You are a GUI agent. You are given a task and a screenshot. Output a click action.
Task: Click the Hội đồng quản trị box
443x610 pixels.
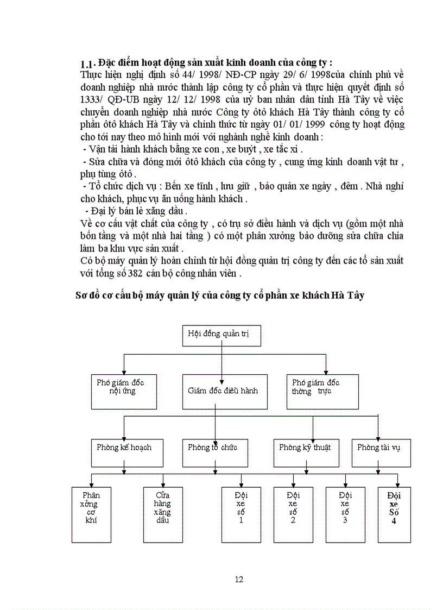coord(221,335)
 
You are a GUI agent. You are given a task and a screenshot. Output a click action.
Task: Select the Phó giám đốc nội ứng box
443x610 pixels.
coord(124,391)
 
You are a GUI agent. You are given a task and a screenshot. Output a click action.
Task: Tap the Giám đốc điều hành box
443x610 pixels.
coord(224,391)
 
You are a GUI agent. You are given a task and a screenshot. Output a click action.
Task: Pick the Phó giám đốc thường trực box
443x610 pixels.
coord(322,391)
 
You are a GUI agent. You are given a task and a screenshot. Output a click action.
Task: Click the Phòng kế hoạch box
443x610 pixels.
coord(126,452)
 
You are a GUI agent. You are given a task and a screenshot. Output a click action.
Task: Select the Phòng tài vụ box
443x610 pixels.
coord(381,452)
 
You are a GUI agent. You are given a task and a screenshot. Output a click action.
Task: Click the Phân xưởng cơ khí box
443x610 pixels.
coord(91,514)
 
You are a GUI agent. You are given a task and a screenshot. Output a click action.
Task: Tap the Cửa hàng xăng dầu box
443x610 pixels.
coord(162,514)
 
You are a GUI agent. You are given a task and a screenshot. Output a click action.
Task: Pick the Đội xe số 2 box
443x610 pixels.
coord(293,514)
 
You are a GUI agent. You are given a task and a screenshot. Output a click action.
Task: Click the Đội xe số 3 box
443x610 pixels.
coord(345,514)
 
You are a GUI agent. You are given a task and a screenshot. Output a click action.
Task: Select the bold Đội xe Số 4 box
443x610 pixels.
coord(394,514)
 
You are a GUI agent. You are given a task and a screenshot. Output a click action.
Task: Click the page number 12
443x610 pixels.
coord(239,579)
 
